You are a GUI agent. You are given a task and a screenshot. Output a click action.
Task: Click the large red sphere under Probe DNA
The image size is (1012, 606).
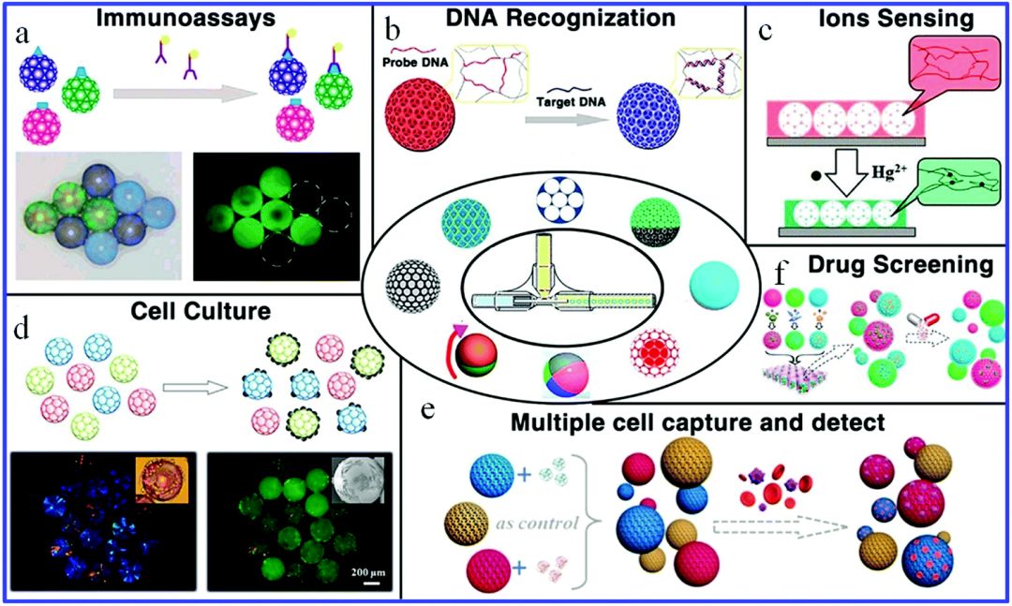[x=421, y=128]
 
